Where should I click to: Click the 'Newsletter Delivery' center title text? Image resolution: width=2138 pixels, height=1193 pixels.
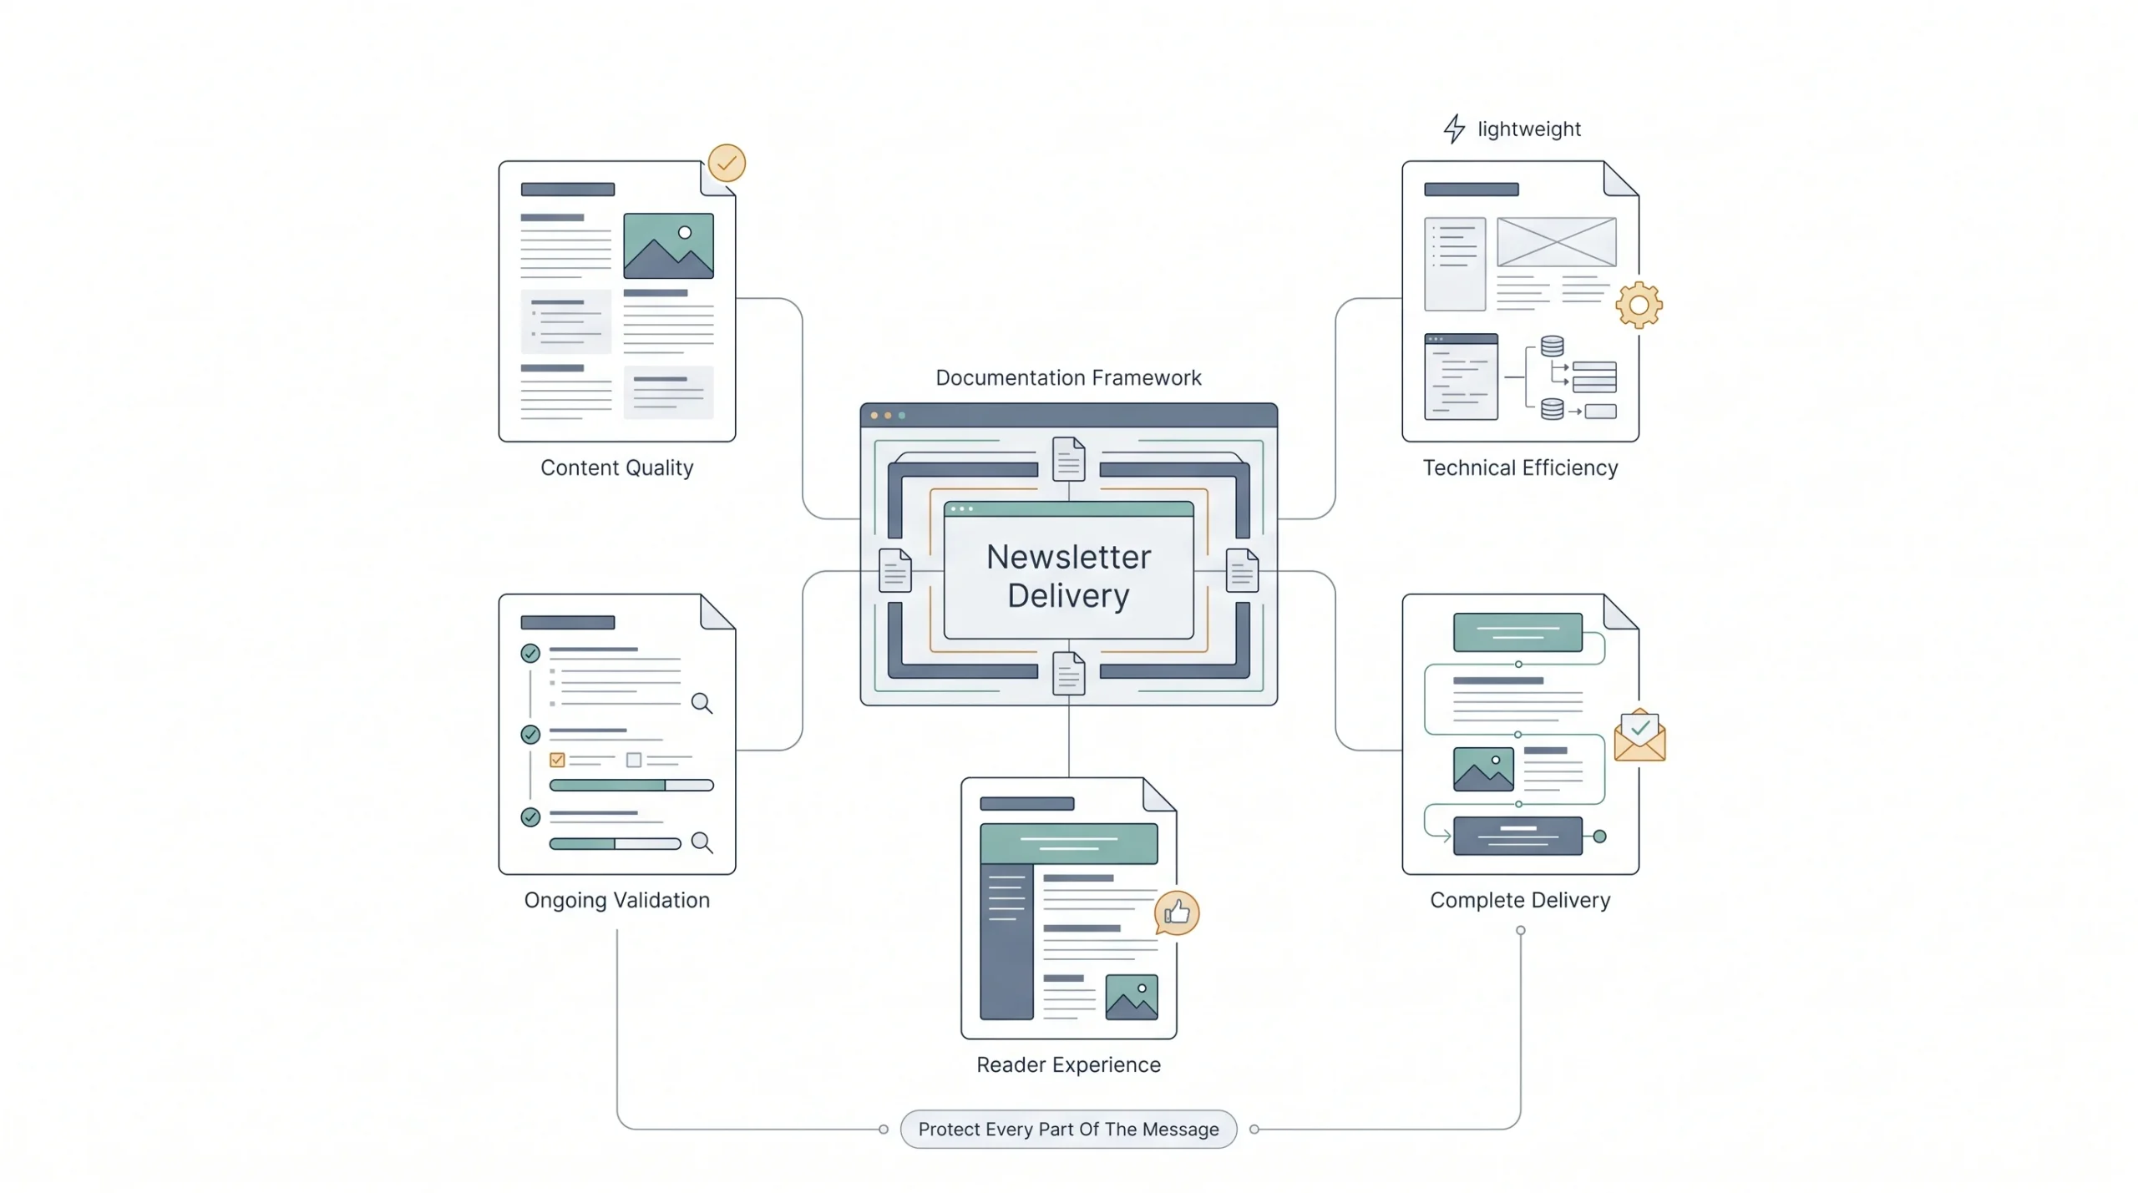[x=1068, y=576]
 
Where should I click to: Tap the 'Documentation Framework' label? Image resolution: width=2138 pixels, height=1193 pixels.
[x=1068, y=377]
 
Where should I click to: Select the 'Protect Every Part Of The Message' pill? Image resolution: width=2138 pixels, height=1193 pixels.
[x=1068, y=1129]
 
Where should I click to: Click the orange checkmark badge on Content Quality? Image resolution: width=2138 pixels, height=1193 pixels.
[x=727, y=163]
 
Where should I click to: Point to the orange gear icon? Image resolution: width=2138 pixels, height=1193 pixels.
[x=1639, y=305]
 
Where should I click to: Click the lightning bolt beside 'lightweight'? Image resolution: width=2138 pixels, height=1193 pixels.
[x=1454, y=129]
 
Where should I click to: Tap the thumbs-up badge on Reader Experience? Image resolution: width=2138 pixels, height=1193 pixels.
[x=1177, y=912]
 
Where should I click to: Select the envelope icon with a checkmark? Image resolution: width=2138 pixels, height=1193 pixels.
[x=1639, y=736]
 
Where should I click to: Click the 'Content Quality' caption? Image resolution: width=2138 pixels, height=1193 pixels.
[x=616, y=468]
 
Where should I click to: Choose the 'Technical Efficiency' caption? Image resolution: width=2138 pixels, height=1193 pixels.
[x=1520, y=468]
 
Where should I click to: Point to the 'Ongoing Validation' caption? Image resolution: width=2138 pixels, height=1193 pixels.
[x=616, y=900]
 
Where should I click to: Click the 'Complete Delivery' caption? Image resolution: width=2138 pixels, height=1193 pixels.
[x=1520, y=900]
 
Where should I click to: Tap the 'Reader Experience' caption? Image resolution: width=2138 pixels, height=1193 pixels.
[x=1068, y=1064]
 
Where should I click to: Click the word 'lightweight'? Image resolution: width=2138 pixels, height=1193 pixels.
[x=1529, y=129]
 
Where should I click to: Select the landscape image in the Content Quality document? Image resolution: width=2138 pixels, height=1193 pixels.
[x=668, y=245]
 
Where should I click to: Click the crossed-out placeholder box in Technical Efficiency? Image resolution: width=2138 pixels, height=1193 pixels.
[x=1556, y=241]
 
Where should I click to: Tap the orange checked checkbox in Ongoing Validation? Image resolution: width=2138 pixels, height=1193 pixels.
[x=557, y=760]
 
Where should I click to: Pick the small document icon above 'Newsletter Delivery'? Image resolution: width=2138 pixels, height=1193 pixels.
[x=1068, y=458]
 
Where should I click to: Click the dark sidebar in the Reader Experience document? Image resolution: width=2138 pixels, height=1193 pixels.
[x=1006, y=942]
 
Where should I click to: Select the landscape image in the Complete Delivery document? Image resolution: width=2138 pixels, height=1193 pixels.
[x=1483, y=769]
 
